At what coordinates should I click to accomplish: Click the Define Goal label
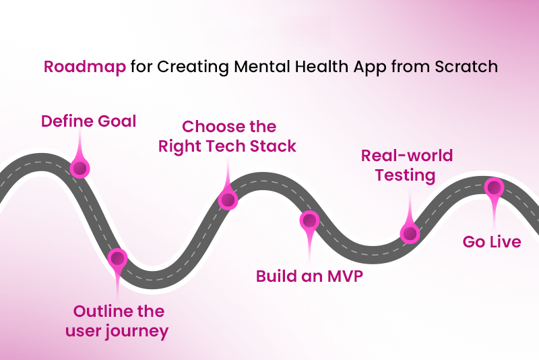pos(88,121)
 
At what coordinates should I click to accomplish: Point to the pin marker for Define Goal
pos(80,167)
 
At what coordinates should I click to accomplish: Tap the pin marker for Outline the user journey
pos(118,258)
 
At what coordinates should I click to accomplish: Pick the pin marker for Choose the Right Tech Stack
pos(228,200)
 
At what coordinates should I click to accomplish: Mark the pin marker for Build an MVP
pos(309,220)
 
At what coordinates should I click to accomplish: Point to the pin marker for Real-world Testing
pos(409,233)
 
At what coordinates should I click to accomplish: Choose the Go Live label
pos(491,241)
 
